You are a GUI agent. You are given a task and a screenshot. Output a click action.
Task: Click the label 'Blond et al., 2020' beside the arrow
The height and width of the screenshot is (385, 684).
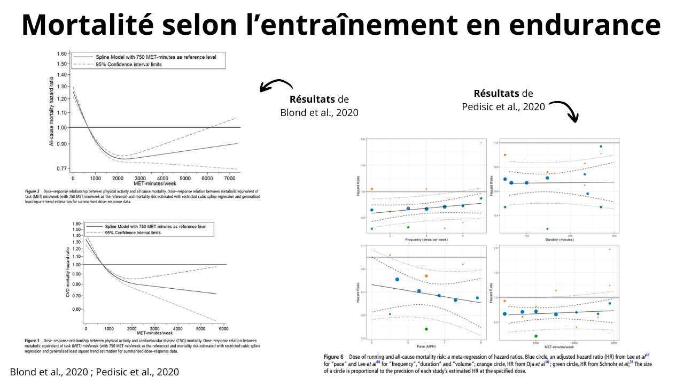coord(319,112)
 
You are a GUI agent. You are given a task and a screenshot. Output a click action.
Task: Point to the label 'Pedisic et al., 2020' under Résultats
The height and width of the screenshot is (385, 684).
coord(503,106)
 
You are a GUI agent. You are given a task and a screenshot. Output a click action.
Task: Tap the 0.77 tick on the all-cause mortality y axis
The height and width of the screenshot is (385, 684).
coord(63,169)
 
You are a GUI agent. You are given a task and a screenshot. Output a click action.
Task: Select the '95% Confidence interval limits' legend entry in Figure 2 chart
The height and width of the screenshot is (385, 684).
coord(133,64)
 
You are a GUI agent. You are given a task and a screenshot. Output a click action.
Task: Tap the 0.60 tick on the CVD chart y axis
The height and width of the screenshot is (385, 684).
coord(76,310)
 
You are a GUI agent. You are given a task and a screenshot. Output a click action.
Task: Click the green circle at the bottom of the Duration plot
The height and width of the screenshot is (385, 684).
coord(547,229)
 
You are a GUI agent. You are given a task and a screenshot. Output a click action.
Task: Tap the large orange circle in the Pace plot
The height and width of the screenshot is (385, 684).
coord(426,276)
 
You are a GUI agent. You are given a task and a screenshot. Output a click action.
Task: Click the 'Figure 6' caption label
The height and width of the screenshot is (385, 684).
coord(333,356)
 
